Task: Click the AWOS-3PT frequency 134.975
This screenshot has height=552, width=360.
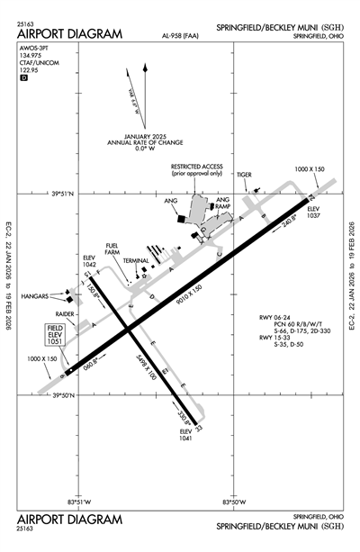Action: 30,61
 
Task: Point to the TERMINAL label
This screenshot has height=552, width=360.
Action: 138,260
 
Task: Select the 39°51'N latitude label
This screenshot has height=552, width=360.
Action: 66,193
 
